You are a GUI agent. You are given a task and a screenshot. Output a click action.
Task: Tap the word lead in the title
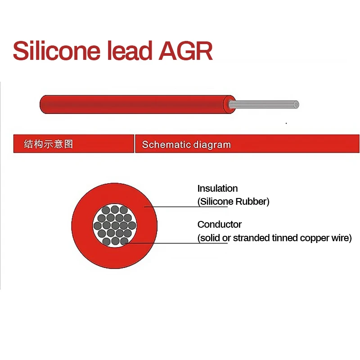[130, 51]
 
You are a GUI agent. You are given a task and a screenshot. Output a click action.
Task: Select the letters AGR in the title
[185, 51]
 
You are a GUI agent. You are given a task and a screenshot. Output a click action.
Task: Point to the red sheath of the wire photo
[135, 104]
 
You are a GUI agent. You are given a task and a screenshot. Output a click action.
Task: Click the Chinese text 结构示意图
[48, 144]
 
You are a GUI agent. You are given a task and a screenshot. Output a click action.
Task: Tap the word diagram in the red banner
[212, 145]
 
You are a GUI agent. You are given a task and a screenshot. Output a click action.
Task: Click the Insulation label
[217, 189]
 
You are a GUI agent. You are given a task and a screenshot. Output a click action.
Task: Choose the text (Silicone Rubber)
[234, 202]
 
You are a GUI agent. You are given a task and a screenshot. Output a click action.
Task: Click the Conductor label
[220, 225]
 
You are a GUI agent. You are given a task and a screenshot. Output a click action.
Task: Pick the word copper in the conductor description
[308, 238]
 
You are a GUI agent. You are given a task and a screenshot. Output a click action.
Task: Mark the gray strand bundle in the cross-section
[115, 225]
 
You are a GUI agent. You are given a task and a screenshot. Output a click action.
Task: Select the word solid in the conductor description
[209, 238]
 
